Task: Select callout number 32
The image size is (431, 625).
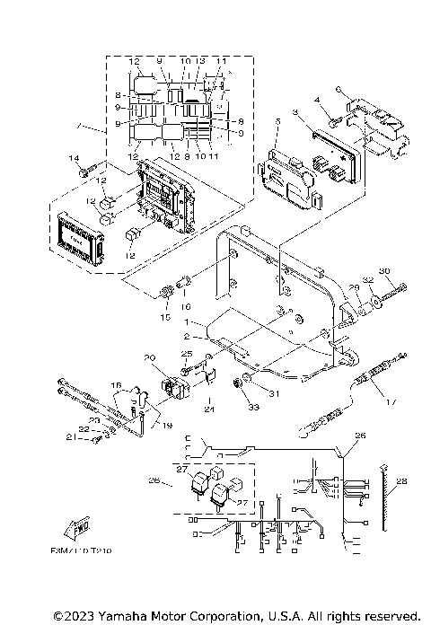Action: [367, 280]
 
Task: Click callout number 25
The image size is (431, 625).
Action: [187, 353]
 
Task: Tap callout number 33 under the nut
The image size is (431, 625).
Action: [227, 408]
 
